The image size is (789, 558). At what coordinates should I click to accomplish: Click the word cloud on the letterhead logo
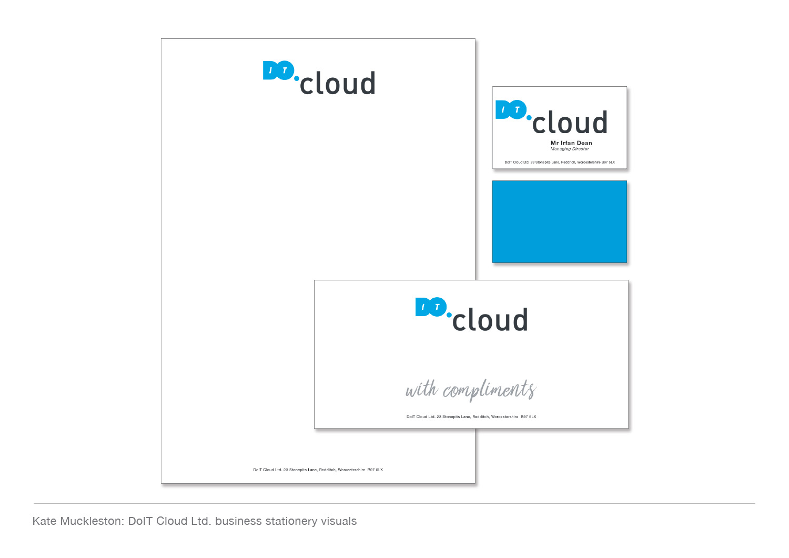tap(338, 83)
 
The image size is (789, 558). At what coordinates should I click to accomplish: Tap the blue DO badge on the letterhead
tap(278, 70)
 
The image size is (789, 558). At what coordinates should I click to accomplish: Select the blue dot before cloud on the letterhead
tap(297, 78)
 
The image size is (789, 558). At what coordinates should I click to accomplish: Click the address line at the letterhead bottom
tap(318, 470)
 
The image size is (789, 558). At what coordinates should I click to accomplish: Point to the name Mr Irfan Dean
tap(571, 143)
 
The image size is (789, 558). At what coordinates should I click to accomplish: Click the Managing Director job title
tap(570, 149)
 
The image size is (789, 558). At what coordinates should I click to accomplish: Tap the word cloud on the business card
tap(570, 122)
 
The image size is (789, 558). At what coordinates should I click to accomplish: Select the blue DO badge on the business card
tap(511, 109)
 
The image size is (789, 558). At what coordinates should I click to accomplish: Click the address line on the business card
tap(559, 163)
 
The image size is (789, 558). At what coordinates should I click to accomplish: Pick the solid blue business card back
tap(559, 221)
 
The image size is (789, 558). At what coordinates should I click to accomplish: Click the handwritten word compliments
tap(489, 390)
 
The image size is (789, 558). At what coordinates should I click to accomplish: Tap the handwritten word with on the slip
tap(422, 389)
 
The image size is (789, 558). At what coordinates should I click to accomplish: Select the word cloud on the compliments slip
tap(490, 320)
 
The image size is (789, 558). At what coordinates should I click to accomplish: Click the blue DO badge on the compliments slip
tap(431, 307)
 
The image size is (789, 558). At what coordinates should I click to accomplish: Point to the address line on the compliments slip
tap(471, 417)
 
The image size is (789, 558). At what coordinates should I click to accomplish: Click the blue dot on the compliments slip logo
tap(449, 315)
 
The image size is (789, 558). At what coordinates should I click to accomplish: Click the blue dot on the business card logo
tap(529, 118)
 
